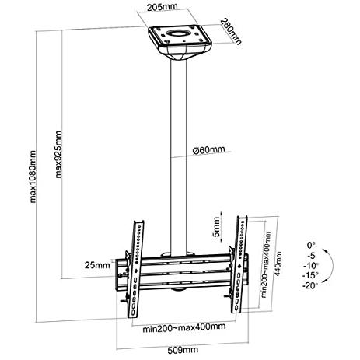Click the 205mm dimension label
[163, 7]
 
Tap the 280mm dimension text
[231, 32]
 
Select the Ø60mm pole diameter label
[209, 150]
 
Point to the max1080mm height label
[33, 177]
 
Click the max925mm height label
[58, 154]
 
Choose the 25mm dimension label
[97, 265]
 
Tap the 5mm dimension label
[216, 227]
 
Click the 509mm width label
[183, 350]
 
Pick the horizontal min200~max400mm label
[184, 327]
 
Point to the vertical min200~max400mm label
[266, 264]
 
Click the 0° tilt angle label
[311, 245]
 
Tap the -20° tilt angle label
[310, 285]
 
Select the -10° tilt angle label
[311, 266]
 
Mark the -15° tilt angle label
[310, 275]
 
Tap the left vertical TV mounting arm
[135, 269]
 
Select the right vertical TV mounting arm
[239, 264]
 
